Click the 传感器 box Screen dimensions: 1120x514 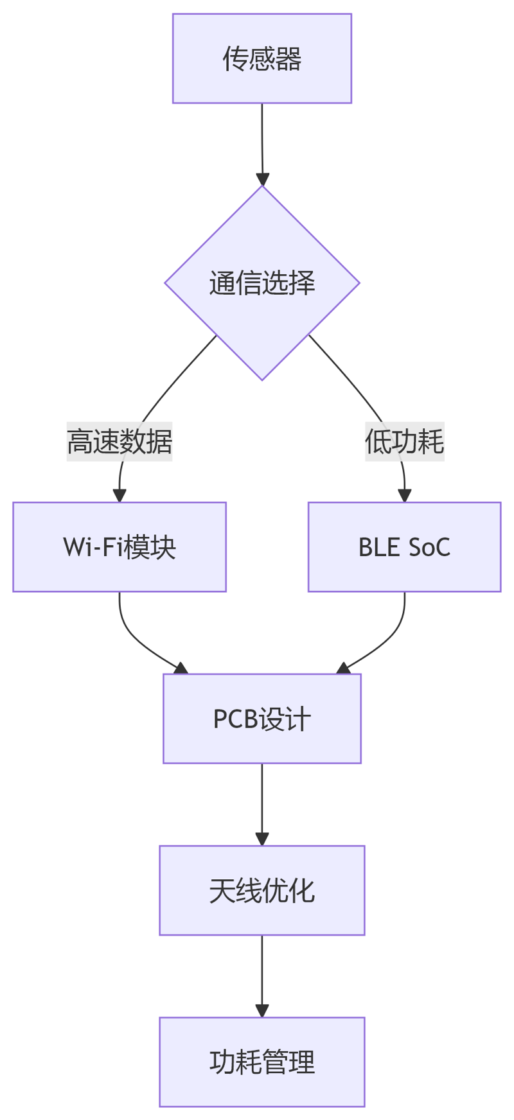pyautogui.click(x=261, y=58)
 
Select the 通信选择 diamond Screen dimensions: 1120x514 pyautogui.click(x=261, y=283)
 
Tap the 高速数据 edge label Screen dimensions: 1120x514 pyautogui.click(x=120, y=442)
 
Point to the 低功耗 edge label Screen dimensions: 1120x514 pyautogui.click(x=404, y=442)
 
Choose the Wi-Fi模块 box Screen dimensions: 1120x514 pyautogui.click(x=120, y=547)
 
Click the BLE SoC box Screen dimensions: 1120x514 pyautogui.click(x=404, y=547)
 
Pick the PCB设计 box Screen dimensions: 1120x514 pyautogui.click(x=261, y=719)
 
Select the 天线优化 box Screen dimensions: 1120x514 pyautogui.click(x=261, y=891)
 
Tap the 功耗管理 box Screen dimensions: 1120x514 pyautogui.click(x=261, y=1062)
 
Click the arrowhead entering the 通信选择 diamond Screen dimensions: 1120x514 pyautogui.click(x=261, y=179)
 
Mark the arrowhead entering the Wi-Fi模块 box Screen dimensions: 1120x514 pyautogui.click(x=120, y=495)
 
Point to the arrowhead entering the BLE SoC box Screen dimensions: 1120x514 pyautogui.click(x=404, y=495)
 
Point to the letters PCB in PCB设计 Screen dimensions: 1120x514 pyautogui.click(x=235, y=719)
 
